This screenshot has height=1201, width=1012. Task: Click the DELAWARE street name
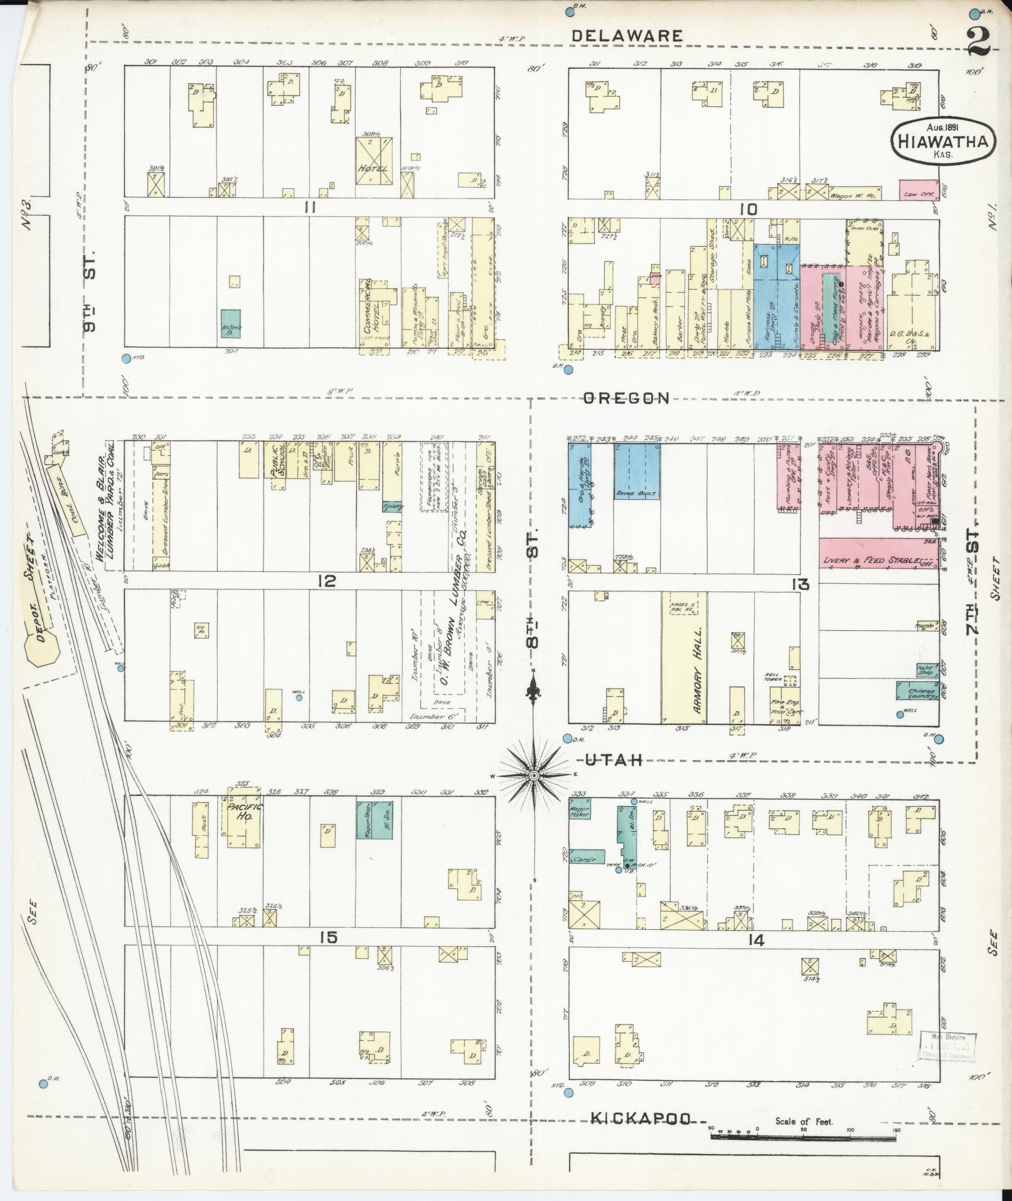627,36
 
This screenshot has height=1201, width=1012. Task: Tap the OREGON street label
626,398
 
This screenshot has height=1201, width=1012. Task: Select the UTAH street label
614,760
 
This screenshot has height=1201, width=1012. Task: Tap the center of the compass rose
533,776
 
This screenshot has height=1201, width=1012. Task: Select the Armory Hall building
684,657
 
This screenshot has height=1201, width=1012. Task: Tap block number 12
327,581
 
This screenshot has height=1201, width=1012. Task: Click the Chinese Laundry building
917,691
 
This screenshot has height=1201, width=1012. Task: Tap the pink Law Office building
919,190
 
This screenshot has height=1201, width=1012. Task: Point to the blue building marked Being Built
636,471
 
